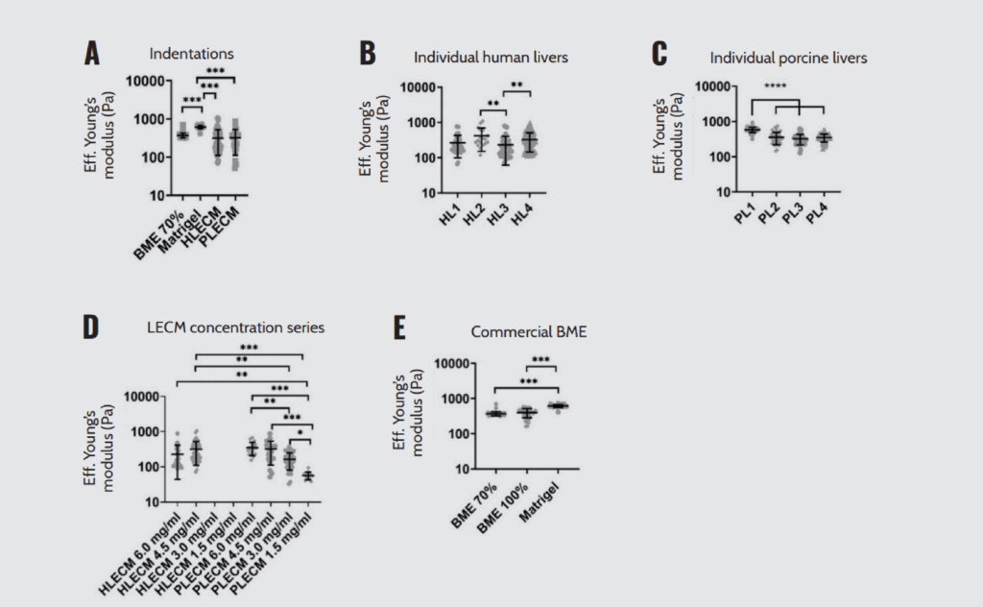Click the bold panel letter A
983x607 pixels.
click(x=92, y=54)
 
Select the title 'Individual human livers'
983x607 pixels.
click(x=491, y=57)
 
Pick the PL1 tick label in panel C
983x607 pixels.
click(x=743, y=213)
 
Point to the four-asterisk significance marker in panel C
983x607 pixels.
click(x=776, y=87)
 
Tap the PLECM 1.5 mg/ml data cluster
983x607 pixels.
click(x=307, y=475)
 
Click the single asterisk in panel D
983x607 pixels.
click(x=300, y=434)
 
